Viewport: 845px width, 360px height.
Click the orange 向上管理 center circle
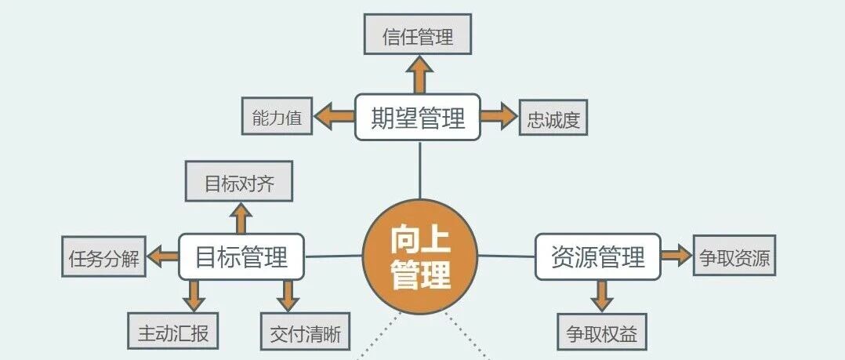pyautogui.click(x=420, y=256)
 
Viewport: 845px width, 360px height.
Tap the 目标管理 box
pyautogui.click(x=241, y=256)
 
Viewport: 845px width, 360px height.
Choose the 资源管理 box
pyautogui.click(x=597, y=256)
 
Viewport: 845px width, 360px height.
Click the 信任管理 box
pyautogui.click(x=418, y=35)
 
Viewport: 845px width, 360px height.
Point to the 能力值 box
pyautogui.click(x=277, y=118)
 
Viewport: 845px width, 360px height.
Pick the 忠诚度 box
pyautogui.click(x=553, y=118)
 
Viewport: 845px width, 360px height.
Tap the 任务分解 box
pyautogui.click(x=103, y=256)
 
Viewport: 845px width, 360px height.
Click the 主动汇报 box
pyautogui.click(x=172, y=332)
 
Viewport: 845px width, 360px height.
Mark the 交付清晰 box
pyautogui.click(x=305, y=332)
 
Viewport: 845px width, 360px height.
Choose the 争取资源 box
pyautogui.click(x=734, y=256)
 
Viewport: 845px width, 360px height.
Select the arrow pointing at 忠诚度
pyautogui.click(x=499, y=118)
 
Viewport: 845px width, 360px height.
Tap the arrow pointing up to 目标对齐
pyautogui.click(x=241, y=217)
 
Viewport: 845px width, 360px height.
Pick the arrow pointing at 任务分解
pyautogui.click(x=163, y=256)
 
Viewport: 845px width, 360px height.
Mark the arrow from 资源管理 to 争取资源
pyautogui.click(x=675, y=256)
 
